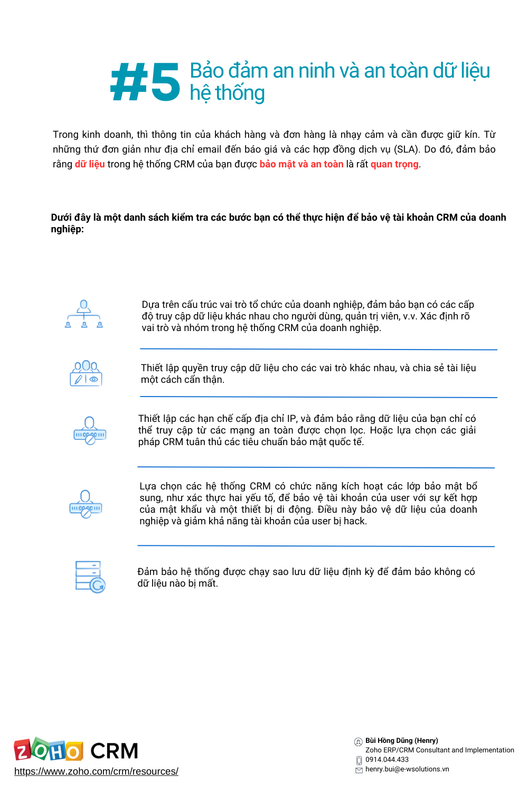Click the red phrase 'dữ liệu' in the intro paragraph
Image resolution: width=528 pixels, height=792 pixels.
90,164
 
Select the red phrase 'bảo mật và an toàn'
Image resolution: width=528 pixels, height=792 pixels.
301,164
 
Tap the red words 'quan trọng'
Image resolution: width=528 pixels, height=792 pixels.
394,164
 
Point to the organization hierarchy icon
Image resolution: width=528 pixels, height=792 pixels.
84,315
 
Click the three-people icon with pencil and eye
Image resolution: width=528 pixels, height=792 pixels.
86,373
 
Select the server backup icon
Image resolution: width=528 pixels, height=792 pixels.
90,577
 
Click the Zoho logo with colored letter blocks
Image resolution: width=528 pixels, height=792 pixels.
49,750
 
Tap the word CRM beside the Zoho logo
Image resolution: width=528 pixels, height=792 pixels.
114,751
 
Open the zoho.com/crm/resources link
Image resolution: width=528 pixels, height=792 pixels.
96,771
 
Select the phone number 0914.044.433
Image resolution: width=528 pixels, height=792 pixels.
387,760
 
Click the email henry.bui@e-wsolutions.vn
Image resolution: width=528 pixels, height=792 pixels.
407,769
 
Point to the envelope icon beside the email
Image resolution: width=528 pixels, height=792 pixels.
359,770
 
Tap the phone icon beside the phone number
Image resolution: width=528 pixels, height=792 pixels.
359,760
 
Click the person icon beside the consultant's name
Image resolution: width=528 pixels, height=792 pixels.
358,742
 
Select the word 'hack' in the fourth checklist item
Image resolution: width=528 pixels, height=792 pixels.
356,521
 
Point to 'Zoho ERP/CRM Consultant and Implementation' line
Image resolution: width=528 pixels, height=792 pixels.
439,750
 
